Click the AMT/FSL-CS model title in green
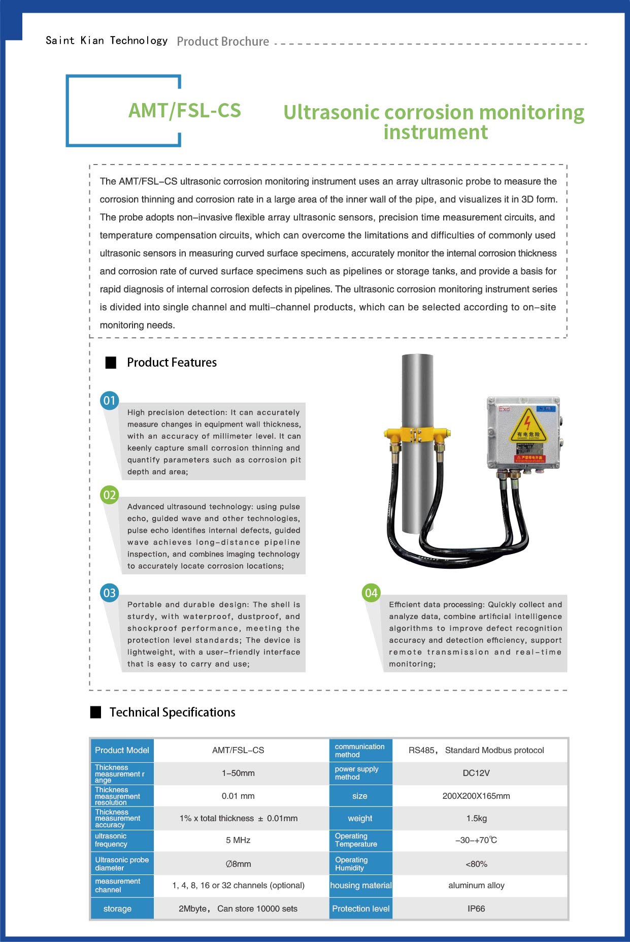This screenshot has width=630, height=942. pyautogui.click(x=185, y=111)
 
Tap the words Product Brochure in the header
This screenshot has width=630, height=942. pyautogui.click(x=223, y=42)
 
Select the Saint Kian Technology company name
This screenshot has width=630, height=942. pyautogui.click(x=107, y=41)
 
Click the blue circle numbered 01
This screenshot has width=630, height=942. pyautogui.click(x=110, y=401)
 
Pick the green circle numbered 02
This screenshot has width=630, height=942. pyautogui.click(x=110, y=495)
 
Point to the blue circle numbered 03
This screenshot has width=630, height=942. pyautogui.click(x=110, y=593)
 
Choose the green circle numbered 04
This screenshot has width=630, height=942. pyautogui.click(x=372, y=593)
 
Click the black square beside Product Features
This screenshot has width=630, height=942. pyautogui.click(x=111, y=363)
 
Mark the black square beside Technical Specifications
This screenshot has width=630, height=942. pyautogui.click(x=95, y=712)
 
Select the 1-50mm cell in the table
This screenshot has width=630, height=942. pyautogui.click(x=238, y=773)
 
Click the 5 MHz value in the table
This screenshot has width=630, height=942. pyautogui.click(x=238, y=840)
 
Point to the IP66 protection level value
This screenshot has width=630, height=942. pyautogui.click(x=476, y=909)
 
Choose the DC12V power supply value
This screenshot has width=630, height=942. pyautogui.click(x=476, y=773)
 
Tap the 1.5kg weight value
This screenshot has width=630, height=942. pyautogui.click(x=476, y=819)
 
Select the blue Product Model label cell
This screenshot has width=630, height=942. pyautogui.click(x=122, y=751)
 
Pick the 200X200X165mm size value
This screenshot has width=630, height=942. pyautogui.click(x=476, y=796)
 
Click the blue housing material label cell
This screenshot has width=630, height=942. pyautogui.click(x=361, y=886)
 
